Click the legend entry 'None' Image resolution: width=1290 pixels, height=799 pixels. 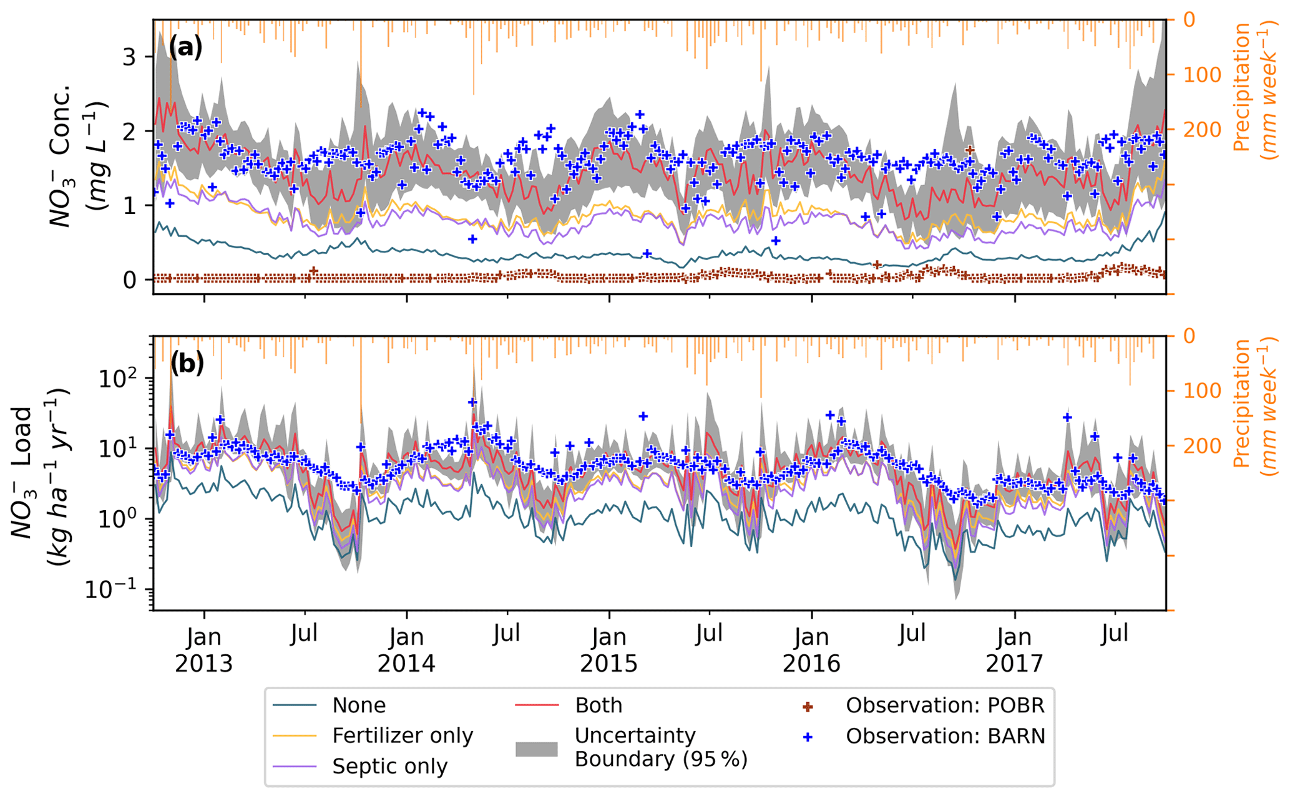tap(359, 705)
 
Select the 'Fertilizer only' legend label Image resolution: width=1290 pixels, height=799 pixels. tap(403, 736)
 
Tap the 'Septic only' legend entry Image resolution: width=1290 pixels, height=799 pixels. tap(389, 767)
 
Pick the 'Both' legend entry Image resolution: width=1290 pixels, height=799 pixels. tap(599, 705)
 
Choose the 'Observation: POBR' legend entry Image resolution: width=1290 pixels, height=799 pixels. tap(945, 705)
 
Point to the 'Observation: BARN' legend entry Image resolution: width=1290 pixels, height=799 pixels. tap(945, 737)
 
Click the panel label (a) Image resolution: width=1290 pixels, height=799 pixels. tap(186, 47)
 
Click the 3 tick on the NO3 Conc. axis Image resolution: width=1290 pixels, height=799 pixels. tap(129, 57)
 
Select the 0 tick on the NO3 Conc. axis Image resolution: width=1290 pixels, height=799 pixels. tap(129, 279)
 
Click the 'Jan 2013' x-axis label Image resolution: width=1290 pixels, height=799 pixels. tap(203, 651)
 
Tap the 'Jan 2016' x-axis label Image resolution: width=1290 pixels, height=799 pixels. tap(812, 651)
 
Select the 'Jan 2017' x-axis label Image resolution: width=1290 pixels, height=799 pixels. tap(1015, 651)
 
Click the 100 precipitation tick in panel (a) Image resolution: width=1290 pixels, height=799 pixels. tap(1195, 75)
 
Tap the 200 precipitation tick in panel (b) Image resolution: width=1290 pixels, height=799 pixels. tap(1195, 446)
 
